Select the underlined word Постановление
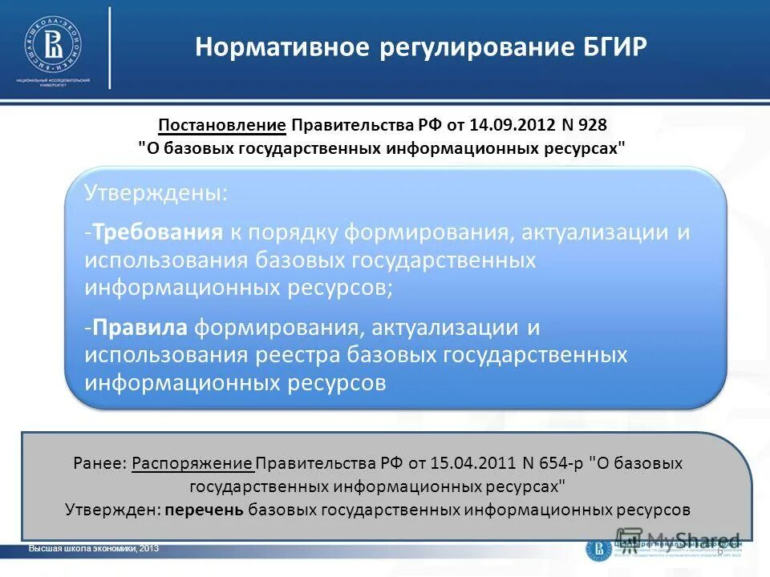[x=222, y=126]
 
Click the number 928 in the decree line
[x=593, y=126]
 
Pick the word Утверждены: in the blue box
[x=156, y=193]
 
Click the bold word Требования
[x=156, y=232]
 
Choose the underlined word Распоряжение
[x=192, y=463]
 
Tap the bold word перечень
[x=205, y=509]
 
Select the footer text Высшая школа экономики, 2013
[x=94, y=548]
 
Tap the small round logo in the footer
[x=598, y=548]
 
